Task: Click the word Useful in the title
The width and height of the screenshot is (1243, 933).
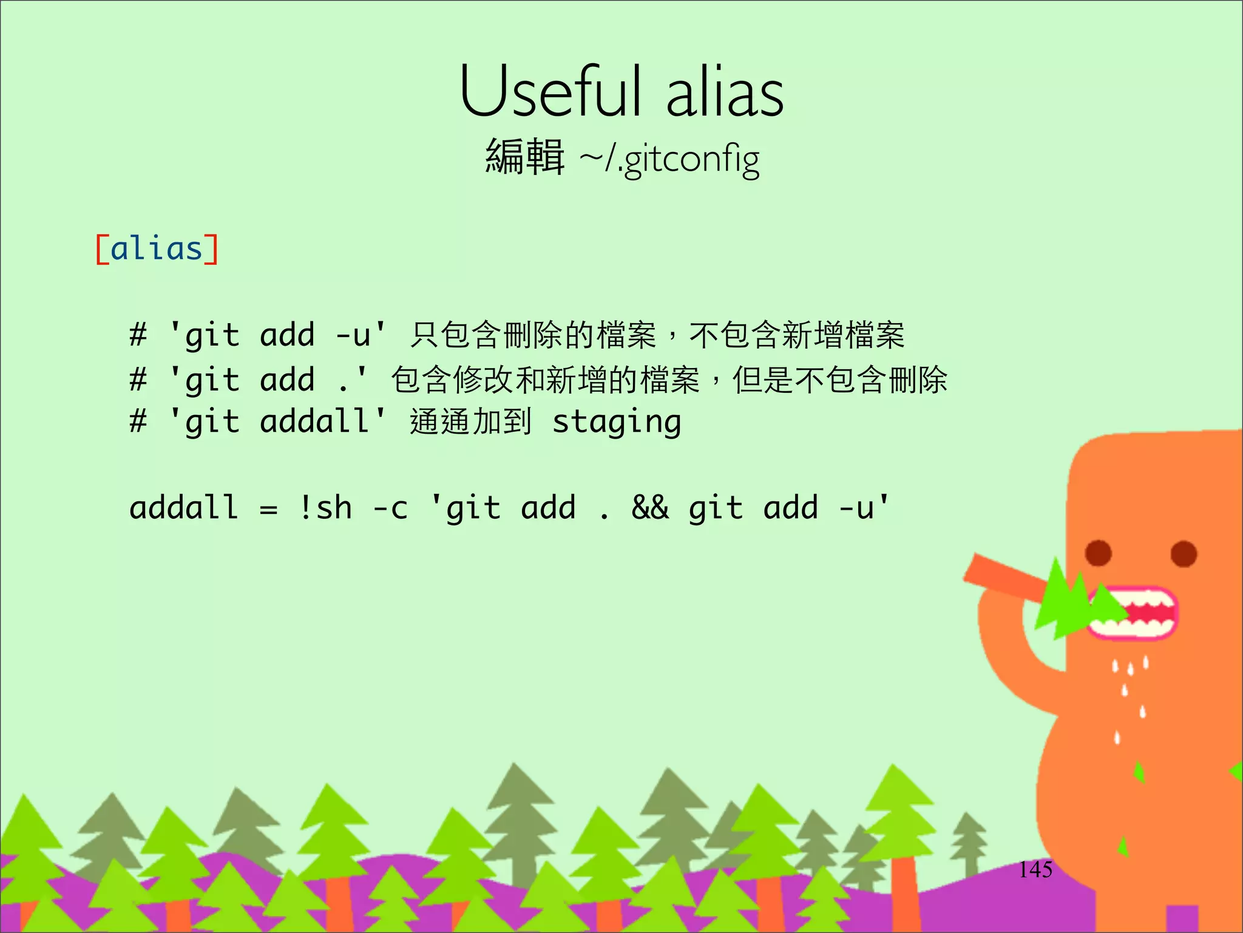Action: pos(549,92)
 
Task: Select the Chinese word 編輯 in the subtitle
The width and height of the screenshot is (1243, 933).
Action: pos(525,157)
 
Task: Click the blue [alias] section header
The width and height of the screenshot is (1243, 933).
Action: pos(157,249)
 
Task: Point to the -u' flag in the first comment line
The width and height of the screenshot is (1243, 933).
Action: pos(361,335)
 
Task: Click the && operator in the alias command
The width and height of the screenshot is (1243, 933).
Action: pos(650,507)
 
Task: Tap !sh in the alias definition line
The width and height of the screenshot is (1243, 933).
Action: pos(325,507)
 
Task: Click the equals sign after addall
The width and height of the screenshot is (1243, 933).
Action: pos(268,509)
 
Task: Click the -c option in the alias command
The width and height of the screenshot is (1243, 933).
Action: pos(390,508)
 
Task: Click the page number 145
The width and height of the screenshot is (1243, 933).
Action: pos(1035,869)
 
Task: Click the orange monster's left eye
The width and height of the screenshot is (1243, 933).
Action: pos(1098,553)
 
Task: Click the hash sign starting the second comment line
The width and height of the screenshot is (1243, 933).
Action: pos(138,380)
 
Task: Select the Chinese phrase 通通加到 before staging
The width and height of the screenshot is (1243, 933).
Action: pos(470,422)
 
